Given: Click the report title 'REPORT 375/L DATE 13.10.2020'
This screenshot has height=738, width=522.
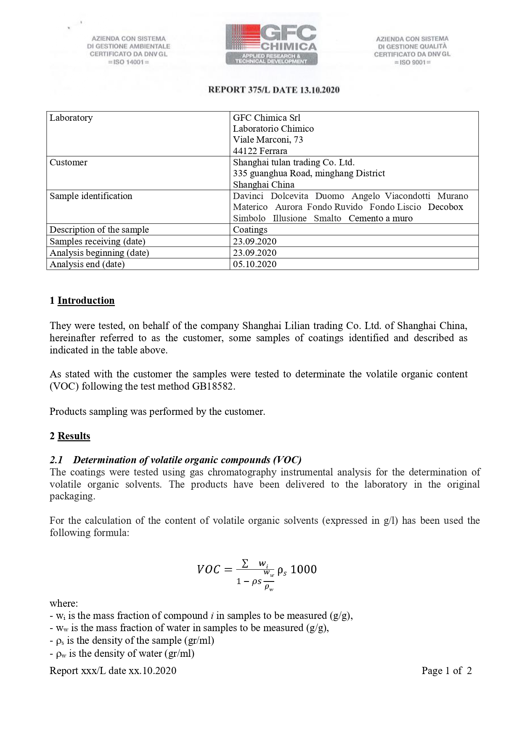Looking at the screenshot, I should click(x=274, y=90).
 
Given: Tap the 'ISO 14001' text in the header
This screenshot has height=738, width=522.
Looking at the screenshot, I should click(x=129, y=62).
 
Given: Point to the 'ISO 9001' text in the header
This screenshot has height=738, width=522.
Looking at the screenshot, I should click(x=412, y=62).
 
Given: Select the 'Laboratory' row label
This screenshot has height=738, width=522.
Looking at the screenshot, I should click(x=71, y=118).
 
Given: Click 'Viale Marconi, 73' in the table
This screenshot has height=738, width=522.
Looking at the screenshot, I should click(x=268, y=140).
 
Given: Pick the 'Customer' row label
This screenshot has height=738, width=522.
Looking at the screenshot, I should click(x=69, y=162).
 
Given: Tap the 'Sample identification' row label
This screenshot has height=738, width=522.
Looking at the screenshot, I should click(x=91, y=196).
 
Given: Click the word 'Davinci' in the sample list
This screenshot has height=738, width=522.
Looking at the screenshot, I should click(x=248, y=196).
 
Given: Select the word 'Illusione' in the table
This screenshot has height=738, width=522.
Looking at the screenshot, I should click(x=289, y=218).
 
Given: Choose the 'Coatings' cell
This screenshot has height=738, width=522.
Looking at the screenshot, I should click(x=250, y=230).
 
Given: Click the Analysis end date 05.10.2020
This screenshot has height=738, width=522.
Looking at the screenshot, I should click(x=255, y=264).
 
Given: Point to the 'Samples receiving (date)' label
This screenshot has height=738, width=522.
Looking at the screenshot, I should click(x=98, y=242).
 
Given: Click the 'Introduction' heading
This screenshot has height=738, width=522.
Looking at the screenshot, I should click(x=86, y=300).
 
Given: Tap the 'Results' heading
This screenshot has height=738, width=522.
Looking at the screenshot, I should click(x=74, y=436).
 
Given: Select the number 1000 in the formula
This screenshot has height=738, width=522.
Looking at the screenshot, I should click(x=303, y=570).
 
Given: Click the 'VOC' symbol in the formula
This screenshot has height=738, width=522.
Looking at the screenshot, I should click(x=209, y=570).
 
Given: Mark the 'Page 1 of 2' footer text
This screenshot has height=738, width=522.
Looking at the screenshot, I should click(x=447, y=671).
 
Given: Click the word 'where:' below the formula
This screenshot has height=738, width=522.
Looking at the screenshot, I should click(x=64, y=603).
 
